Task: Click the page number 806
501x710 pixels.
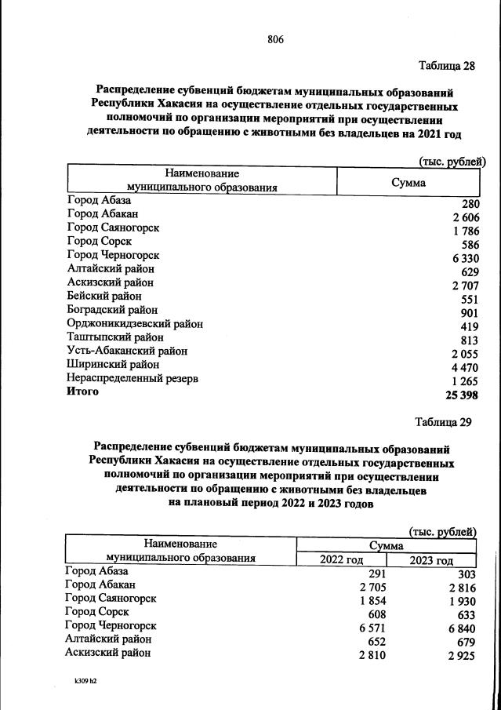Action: tap(274, 39)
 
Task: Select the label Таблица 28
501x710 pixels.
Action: tap(446, 65)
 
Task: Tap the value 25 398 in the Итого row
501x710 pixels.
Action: tap(461, 394)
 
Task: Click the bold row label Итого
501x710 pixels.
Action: tap(83, 391)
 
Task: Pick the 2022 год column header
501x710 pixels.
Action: tap(342, 560)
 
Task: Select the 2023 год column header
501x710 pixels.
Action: tap(432, 560)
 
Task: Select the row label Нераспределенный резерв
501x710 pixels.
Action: tap(133, 379)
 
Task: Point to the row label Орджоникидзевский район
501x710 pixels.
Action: tap(135, 323)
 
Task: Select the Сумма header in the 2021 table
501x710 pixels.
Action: tap(408, 182)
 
